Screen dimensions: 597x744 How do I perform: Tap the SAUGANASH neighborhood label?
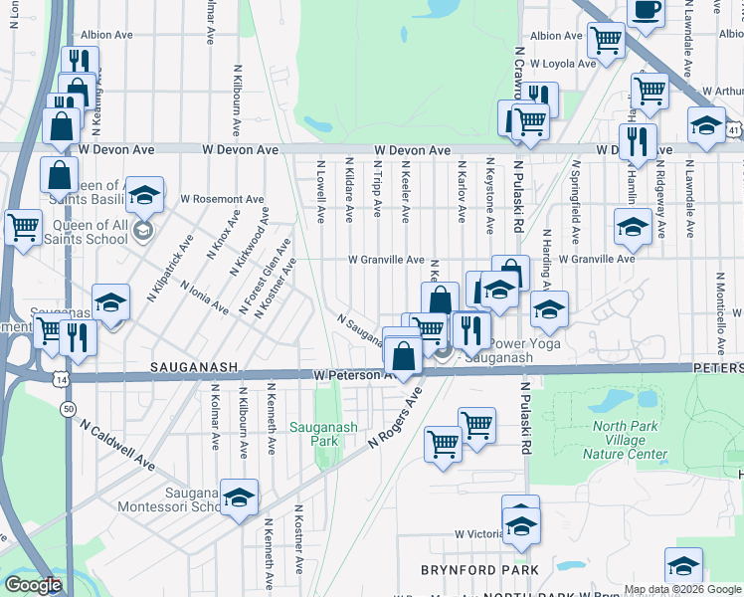click(x=194, y=367)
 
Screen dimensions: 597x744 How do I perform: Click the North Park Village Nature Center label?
click(x=630, y=440)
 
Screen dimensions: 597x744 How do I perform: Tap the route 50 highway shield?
click(x=68, y=409)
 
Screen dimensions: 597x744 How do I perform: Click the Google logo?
click(x=32, y=585)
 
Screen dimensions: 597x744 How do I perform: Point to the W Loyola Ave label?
click(x=562, y=63)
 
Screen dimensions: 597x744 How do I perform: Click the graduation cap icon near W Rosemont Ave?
click(x=145, y=195)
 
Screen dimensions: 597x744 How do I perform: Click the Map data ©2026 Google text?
click(x=681, y=589)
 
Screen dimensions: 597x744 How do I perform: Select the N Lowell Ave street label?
click(x=321, y=194)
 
